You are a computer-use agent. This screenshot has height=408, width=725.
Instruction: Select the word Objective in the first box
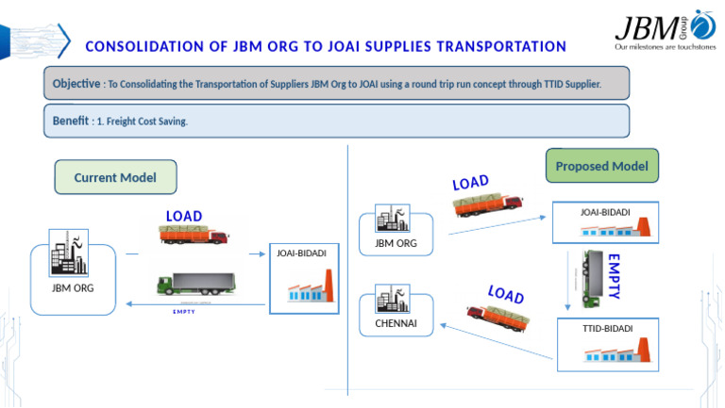point(76,84)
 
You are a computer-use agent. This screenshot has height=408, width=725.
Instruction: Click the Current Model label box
point(115,177)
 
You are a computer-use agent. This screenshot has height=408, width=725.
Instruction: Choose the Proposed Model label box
point(601,167)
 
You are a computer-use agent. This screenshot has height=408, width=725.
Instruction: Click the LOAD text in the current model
point(184,216)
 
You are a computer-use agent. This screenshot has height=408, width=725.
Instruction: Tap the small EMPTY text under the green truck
point(184,312)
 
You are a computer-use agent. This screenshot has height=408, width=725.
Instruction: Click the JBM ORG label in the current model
point(72,286)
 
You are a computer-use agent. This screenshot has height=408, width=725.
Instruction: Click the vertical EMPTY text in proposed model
point(614,275)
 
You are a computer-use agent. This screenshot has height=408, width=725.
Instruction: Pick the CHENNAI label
point(396,324)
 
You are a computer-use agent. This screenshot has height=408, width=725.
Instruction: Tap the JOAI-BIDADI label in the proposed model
point(605,212)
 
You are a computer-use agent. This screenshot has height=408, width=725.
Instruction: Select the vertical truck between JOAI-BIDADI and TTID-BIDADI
point(593,278)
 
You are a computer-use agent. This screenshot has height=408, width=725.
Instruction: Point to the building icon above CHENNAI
point(393,299)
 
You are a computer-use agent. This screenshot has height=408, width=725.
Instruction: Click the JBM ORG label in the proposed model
point(396,243)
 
